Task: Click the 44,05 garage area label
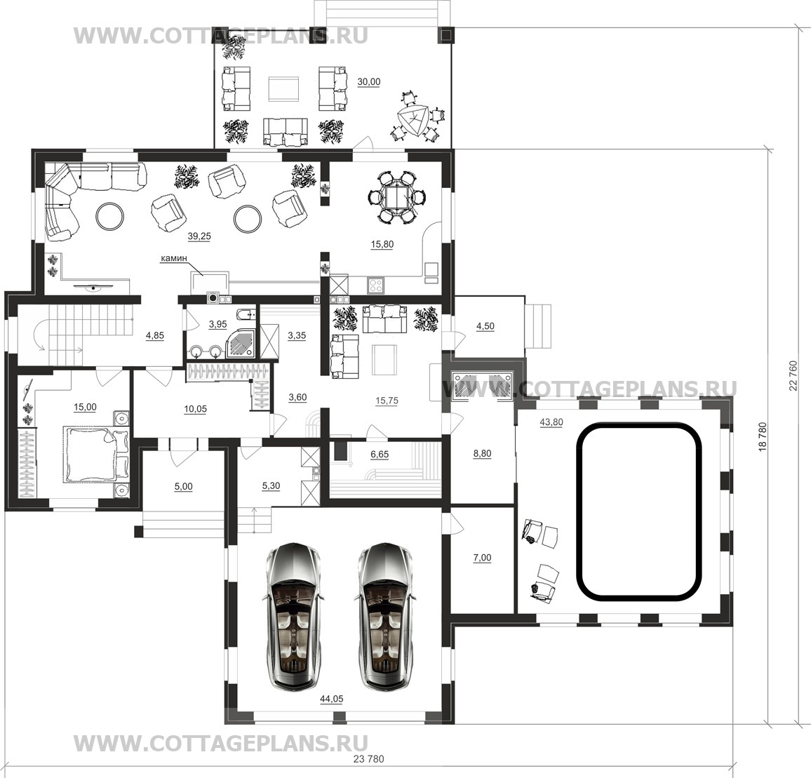coord(332,699)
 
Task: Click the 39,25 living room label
coord(199,236)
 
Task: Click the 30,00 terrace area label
coord(369,82)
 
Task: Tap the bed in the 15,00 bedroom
coord(95,454)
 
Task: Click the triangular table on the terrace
coord(413,120)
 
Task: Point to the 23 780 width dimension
coord(369,759)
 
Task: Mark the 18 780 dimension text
coord(763,438)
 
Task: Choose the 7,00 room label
coord(482,558)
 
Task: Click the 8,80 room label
coord(482,454)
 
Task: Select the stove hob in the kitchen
coord(375,285)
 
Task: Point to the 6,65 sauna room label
coord(380,455)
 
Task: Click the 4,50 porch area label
coord(485,326)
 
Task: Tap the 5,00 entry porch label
coord(183,486)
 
